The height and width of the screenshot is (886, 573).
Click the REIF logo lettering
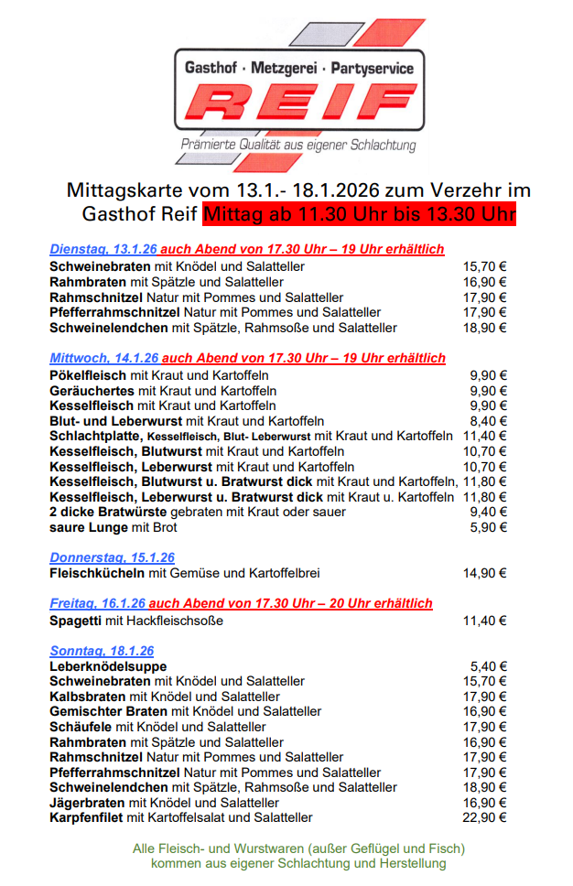pos(299,103)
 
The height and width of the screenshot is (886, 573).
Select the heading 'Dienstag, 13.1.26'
pos(103,249)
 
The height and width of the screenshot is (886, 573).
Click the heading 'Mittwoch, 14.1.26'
pos(103,358)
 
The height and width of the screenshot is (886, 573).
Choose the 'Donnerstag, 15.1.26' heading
pos(112,557)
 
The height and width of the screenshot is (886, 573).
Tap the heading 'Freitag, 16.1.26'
pos(97,603)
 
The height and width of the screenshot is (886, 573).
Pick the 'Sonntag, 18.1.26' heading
pos(102,651)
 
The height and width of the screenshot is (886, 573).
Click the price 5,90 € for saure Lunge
pos(489,527)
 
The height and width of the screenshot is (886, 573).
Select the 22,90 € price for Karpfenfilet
pos(485,817)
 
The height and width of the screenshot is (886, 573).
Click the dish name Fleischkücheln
pos(97,573)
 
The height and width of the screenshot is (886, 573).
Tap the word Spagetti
pos(76,621)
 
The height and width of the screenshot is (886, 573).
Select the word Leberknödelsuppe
pos(108,666)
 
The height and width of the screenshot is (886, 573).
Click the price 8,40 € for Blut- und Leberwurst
pos(489,421)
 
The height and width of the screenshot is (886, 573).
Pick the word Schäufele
pos(81,727)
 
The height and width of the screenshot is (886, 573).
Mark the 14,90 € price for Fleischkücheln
pos(485,573)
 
